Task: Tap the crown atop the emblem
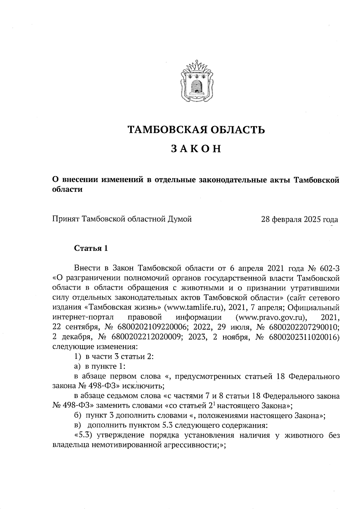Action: pyautogui.click(x=197, y=65)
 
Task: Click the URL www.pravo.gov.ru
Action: pyautogui.click(x=271, y=317)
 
